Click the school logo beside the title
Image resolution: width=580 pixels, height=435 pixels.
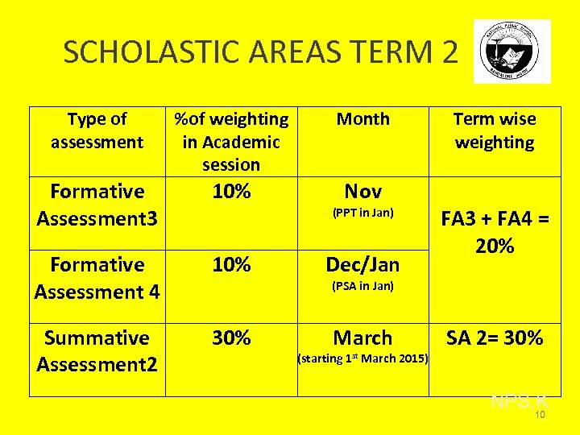(513, 51)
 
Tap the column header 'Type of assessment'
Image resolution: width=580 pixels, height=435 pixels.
(97, 130)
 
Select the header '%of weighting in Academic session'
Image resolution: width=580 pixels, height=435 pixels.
(231, 142)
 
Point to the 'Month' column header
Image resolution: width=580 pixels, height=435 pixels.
(362, 119)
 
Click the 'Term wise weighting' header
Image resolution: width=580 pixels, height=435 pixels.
(495, 130)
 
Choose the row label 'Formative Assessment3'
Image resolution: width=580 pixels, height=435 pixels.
(97, 205)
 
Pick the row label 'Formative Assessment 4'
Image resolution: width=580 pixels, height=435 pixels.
(97, 278)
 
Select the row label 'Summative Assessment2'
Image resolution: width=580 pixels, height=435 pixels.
(97, 351)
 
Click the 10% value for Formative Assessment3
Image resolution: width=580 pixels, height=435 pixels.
(231, 192)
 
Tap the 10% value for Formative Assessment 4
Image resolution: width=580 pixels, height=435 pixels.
(231, 265)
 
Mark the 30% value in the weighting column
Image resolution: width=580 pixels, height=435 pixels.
(231, 338)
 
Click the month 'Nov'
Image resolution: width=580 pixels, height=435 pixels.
(362, 192)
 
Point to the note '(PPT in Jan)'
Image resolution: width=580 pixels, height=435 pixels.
(362, 213)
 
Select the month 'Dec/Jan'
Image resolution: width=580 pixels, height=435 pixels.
(362, 265)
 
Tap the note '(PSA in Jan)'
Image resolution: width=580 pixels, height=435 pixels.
(362, 287)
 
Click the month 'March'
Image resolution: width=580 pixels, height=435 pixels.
(362, 338)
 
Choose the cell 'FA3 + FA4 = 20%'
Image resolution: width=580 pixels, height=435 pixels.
(495, 232)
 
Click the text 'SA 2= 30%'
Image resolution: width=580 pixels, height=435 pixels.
(495, 338)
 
